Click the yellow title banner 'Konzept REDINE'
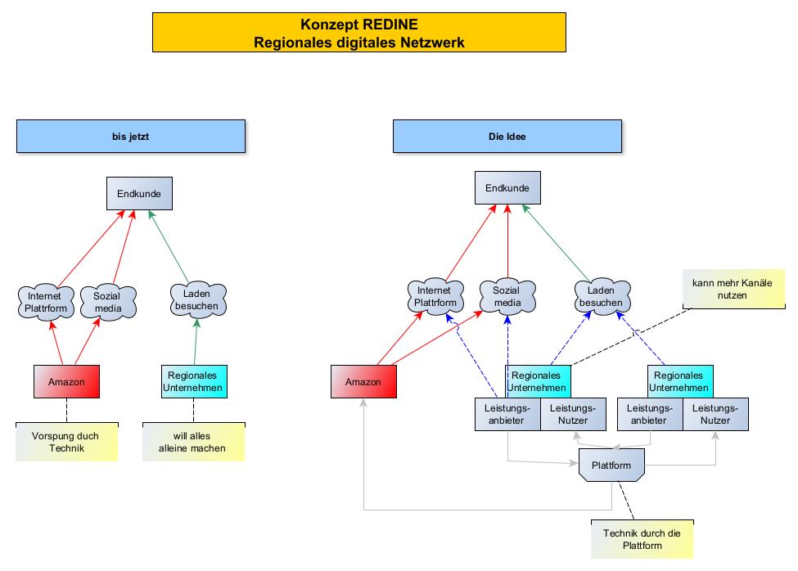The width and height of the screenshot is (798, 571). tap(358, 34)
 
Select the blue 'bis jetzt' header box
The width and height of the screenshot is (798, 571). tap(131, 136)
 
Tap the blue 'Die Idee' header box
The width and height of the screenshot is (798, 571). tap(507, 136)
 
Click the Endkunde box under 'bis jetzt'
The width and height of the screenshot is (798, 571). tap(139, 194)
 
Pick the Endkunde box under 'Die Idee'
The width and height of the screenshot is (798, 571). tap(507, 187)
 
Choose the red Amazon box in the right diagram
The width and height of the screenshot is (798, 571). tap(363, 382)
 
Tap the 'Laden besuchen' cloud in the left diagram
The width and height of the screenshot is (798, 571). tap(196, 299)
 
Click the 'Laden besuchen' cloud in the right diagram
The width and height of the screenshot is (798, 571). tap(602, 296)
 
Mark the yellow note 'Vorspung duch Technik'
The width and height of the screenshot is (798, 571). tap(66, 442)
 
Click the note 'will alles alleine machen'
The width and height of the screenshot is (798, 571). tap(194, 442)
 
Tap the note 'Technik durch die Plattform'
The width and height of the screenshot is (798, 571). tap(642, 539)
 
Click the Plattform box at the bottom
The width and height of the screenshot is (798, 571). tap(611, 465)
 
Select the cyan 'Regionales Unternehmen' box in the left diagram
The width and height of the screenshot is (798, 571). tap(194, 381)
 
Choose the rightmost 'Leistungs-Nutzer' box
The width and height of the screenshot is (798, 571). tap(715, 415)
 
